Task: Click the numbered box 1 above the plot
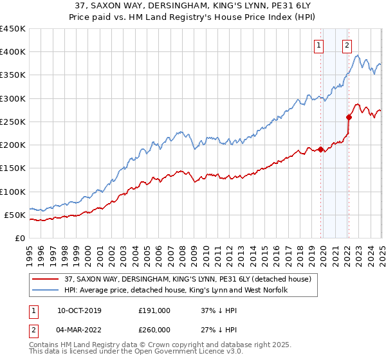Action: coord(319,45)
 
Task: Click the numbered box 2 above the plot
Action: coord(347,45)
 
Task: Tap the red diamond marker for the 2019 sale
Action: coord(320,150)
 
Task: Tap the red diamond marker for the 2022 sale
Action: coord(349,117)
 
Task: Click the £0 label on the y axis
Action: coord(20,238)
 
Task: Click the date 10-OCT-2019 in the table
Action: coord(79,310)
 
